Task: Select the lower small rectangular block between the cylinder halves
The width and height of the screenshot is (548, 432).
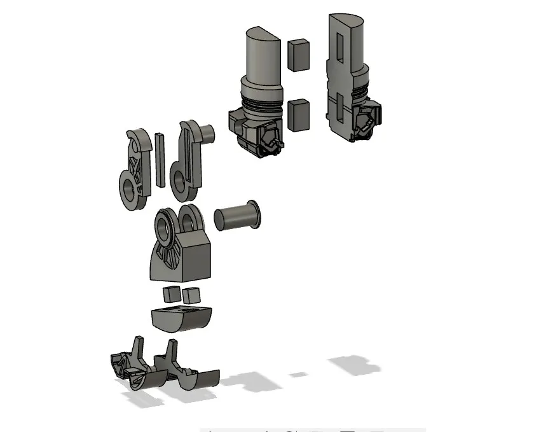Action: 298,115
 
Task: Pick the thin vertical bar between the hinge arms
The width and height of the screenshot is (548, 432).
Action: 160,159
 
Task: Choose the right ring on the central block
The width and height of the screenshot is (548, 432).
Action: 189,220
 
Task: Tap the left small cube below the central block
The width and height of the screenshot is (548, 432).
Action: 171,295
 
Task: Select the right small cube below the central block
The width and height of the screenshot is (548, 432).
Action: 190,294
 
